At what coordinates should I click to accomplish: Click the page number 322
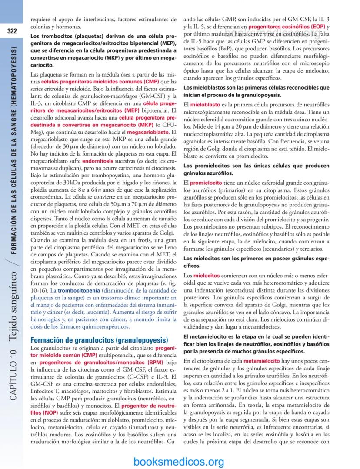coord(12,31)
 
